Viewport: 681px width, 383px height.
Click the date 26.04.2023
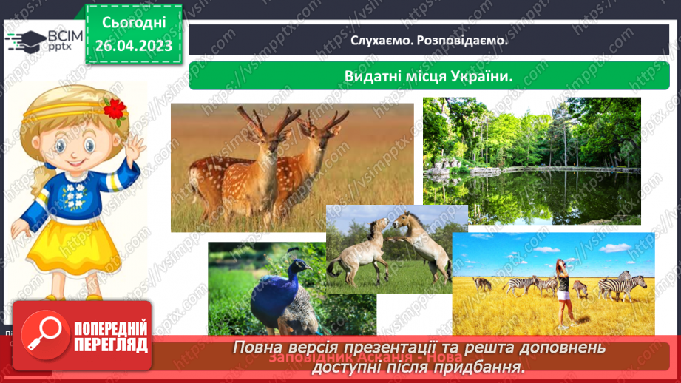[134, 47]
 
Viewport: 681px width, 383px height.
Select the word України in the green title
[476, 76]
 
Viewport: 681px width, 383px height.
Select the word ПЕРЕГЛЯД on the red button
[111, 345]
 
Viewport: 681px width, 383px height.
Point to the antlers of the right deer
[328, 118]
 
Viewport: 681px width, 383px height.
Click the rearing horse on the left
[359, 248]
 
